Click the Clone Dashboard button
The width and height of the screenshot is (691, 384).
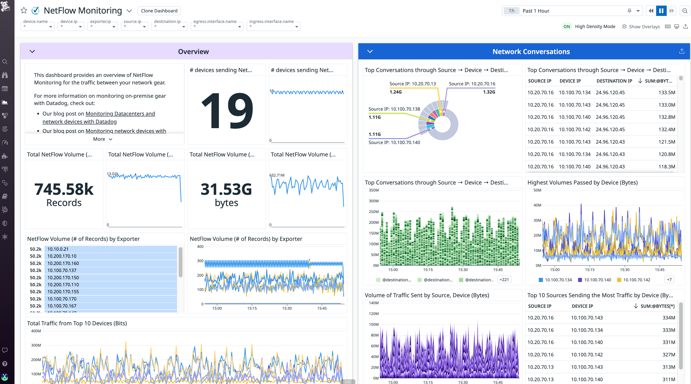(159, 11)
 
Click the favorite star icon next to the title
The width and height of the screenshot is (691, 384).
(24, 11)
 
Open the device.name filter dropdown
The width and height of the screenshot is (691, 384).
(38, 26)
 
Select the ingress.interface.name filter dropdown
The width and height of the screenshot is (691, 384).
(273, 26)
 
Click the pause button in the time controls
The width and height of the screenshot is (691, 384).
(661, 11)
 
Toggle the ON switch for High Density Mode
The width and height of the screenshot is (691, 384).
(566, 26)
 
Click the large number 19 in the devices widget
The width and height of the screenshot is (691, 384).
(227, 110)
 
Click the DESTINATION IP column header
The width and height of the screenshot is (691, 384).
(614, 81)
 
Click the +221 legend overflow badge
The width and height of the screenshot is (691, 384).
(504, 279)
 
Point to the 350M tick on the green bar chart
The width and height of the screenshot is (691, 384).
(373, 190)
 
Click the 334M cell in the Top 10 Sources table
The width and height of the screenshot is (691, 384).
(669, 318)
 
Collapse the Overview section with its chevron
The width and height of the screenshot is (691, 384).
(32, 51)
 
